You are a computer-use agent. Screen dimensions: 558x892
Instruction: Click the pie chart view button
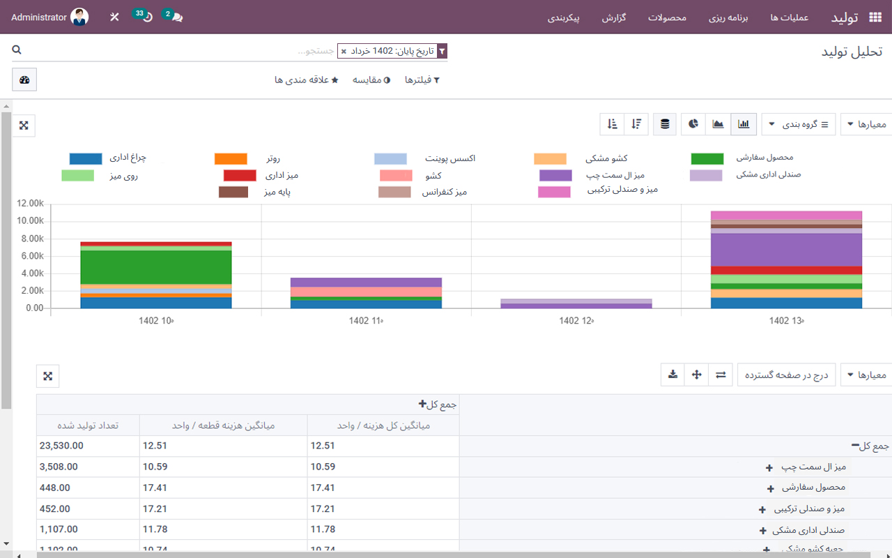(693, 124)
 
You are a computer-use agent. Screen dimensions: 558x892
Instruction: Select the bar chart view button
(744, 124)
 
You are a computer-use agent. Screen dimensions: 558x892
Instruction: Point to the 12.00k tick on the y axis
(30, 204)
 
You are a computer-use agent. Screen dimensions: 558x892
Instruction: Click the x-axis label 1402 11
(366, 321)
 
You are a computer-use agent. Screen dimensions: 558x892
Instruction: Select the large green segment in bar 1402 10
(156, 267)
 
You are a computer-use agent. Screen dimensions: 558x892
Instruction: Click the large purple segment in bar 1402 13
(786, 250)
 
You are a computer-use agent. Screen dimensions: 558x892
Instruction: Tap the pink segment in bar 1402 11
(366, 292)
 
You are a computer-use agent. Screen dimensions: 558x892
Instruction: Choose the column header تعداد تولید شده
(88, 425)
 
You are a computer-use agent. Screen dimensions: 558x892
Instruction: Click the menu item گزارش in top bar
(614, 17)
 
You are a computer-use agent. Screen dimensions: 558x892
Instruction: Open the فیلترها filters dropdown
(422, 80)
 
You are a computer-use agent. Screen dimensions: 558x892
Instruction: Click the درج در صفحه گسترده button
(786, 375)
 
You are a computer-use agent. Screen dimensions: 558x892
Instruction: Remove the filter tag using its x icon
(344, 52)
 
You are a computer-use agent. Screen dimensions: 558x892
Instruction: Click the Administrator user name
(39, 17)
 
